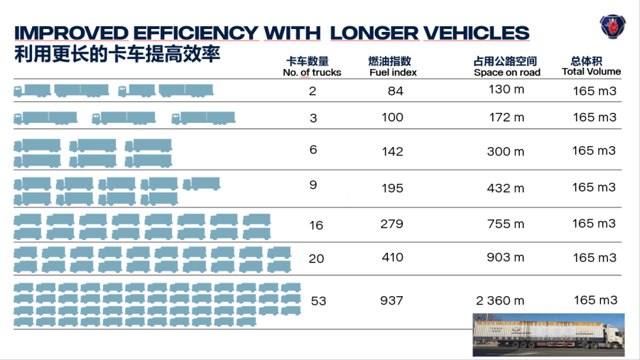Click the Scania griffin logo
(610, 28)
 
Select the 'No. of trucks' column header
(312, 72)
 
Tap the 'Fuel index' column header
(393, 72)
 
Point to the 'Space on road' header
(507, 72)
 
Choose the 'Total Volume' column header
(591, 71)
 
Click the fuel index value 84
(396, 92)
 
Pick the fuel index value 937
(391, 300)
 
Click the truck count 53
(318, 301)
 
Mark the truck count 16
(316, 226)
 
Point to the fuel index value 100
(392, 118)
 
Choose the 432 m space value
(505, 188)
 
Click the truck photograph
(548, 334)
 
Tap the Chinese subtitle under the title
(117, 54)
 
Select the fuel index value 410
(392, 257)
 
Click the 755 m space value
(505, 224)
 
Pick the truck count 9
(313, 185)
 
